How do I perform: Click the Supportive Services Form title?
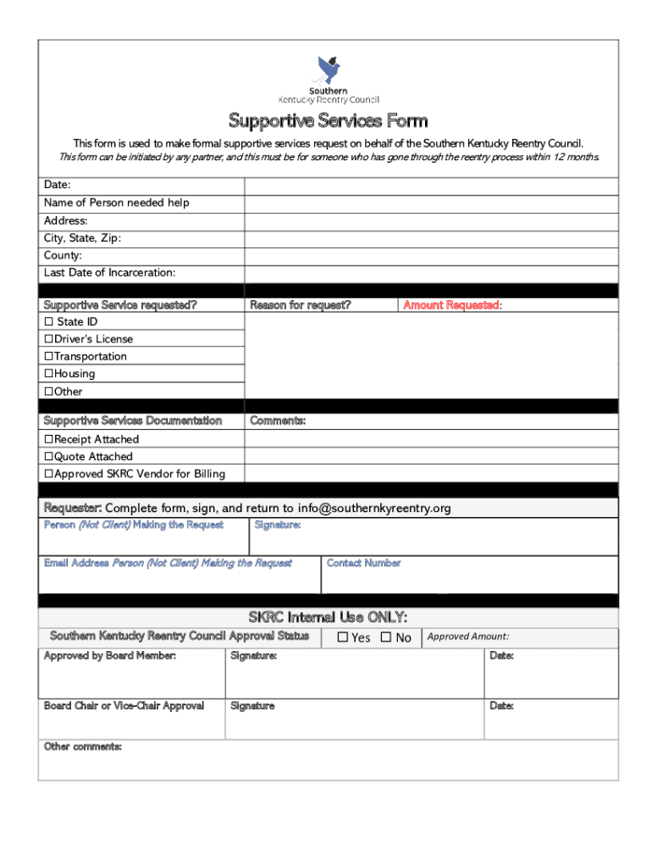click(328, 120)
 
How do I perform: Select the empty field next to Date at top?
click(431, 185)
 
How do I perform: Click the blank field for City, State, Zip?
click(431, 238)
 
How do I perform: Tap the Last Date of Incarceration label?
click(110, 273)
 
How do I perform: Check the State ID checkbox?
click(48, 322)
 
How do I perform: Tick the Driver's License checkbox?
click(48, 339)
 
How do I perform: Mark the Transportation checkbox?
click(48, 357)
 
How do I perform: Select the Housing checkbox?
click(48, 374)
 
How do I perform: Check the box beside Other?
click(48, 392)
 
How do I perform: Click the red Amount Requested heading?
click(452, 305)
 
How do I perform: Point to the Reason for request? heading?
click(300, 305)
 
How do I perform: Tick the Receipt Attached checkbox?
click(48, 439)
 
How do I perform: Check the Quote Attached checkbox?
click(48, 457)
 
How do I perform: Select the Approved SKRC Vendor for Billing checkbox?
click(48, 474)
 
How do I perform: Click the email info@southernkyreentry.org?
click(373, 509)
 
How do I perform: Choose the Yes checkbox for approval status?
click(343, 637)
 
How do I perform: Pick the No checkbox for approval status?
click(386, 637)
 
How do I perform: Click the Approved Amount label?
click(467, 637)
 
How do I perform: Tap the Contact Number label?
click(363, 563)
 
